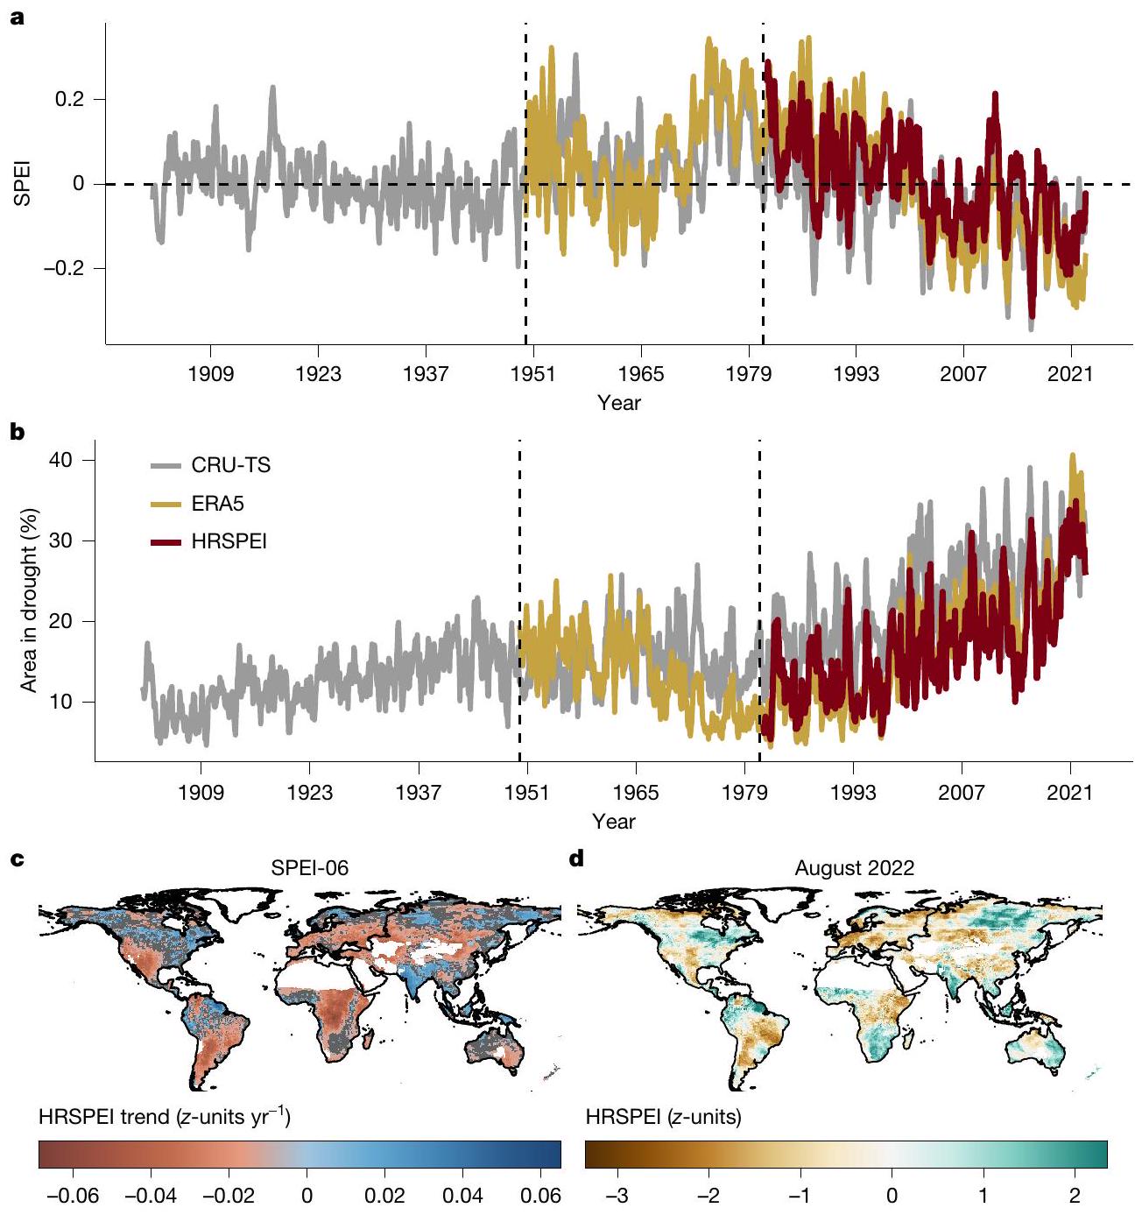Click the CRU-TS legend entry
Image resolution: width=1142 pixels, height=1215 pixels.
230,465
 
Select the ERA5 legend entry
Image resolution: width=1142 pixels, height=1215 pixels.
217,504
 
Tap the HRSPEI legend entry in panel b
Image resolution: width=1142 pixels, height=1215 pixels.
229,541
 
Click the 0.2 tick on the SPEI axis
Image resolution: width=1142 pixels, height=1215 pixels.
69,100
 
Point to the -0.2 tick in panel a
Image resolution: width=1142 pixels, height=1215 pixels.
64,268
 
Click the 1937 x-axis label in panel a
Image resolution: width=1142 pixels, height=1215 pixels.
426,375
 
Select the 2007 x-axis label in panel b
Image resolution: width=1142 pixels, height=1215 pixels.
962,794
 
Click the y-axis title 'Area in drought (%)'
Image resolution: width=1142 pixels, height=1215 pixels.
30,600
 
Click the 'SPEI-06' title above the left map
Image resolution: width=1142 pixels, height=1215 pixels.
309,868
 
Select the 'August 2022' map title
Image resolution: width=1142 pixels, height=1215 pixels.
854,868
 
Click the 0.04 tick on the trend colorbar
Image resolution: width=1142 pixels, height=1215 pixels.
463,1196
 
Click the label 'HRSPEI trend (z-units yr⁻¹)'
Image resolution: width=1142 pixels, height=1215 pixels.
165,1117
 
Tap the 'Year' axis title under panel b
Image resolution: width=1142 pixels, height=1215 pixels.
613,822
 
